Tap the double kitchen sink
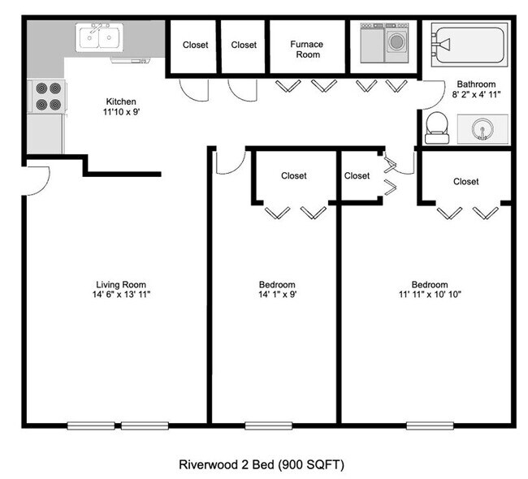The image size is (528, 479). tap(100, 37)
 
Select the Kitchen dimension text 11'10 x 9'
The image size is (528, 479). tap(121, 113)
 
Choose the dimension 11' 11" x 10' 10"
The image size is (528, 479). tap(429, 295)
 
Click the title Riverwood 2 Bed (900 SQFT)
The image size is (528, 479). tap(262, 465)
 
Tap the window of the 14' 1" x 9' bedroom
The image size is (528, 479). tap(269, 425)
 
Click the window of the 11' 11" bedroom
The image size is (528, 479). tap(430, 425)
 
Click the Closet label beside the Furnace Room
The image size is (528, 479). tap(244, 45)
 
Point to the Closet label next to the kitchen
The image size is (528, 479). tap(196, 45)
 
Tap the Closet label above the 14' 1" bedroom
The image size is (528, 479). tap(293, 175)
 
